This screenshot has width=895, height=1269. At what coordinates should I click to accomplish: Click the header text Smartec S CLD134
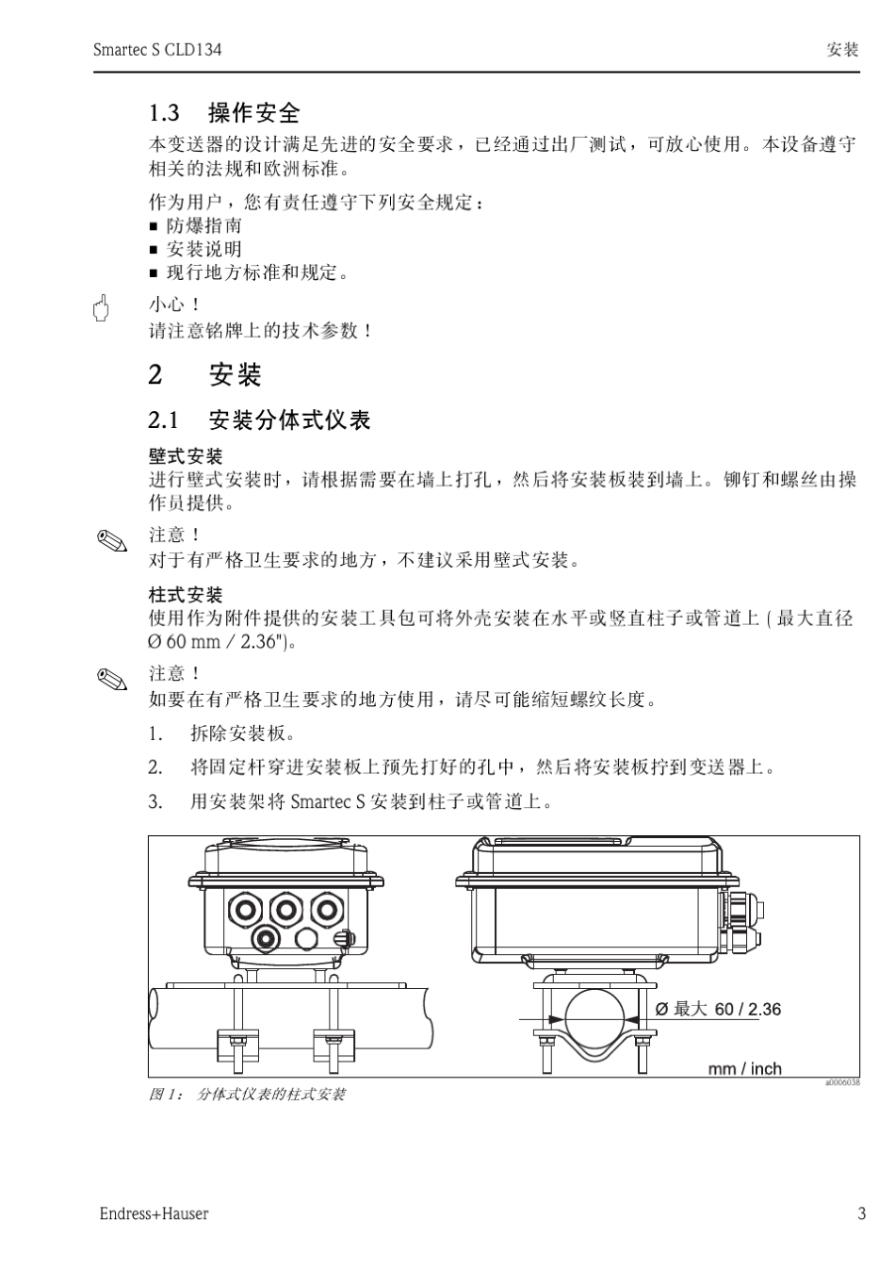[157, 49]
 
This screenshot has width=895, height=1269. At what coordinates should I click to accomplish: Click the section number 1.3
[164, 113]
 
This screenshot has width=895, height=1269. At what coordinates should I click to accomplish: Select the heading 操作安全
[253, 113]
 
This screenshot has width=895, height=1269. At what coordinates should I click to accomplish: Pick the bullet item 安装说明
[203, 249]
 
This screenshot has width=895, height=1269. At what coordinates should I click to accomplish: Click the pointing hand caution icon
[101, 306]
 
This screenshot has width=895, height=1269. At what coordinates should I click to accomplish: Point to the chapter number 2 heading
[155, 375]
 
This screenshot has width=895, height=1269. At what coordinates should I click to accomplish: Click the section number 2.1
[164, 420]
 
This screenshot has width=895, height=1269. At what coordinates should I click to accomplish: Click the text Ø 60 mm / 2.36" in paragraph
[216, 643]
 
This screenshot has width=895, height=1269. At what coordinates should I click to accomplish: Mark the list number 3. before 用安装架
[155, 802]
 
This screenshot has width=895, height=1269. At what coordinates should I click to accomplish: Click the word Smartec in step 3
[321, 802]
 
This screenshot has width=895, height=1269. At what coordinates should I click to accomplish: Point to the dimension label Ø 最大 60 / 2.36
[718, 1009]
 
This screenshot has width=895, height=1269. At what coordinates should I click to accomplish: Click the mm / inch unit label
[744, 1068]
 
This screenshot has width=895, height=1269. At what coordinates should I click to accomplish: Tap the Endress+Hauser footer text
[155, 1213]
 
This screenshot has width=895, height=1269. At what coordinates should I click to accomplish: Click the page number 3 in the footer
[861, 1213]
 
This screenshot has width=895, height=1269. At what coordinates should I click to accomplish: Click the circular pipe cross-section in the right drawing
[594, 1019]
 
